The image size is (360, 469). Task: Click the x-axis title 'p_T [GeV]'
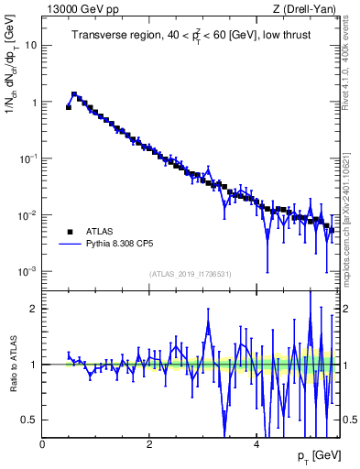coord(316,455)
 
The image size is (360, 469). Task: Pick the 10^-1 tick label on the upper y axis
coord(28,158)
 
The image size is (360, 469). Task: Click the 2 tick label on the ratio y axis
coord(34,309)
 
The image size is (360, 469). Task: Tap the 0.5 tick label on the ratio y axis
coord(30,420)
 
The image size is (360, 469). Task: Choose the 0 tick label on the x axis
coord(42,442)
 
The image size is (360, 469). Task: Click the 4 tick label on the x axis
coord(256,442)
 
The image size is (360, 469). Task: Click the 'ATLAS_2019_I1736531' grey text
coord(189,274)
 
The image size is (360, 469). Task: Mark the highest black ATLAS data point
coord(74,94)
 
